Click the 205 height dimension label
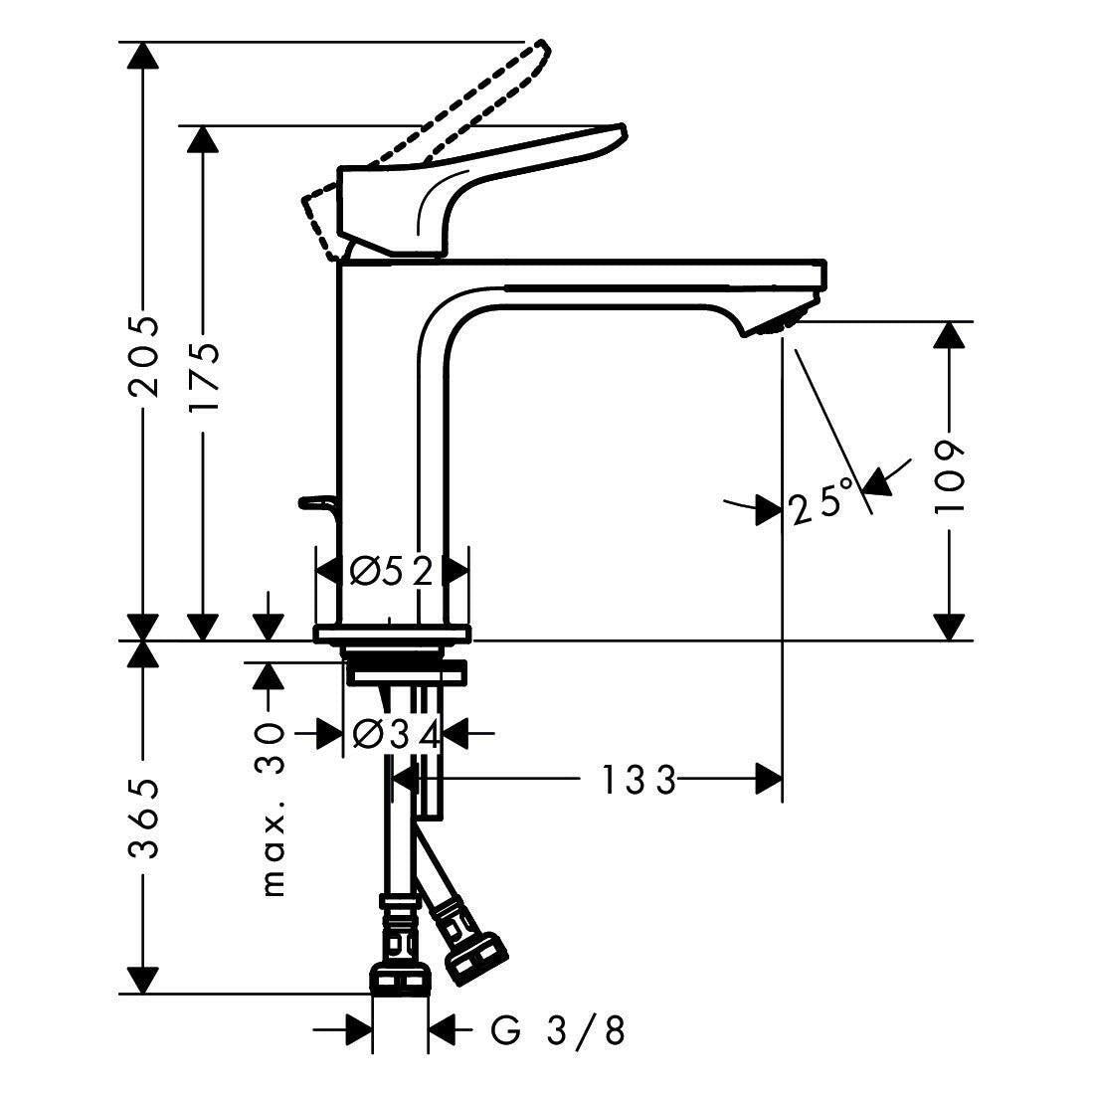(144, 356)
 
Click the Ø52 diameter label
(392, 572)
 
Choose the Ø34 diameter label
(396, 735)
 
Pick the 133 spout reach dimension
(638, 780)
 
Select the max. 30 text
(273, 810)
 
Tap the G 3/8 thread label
(557, 1030)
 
